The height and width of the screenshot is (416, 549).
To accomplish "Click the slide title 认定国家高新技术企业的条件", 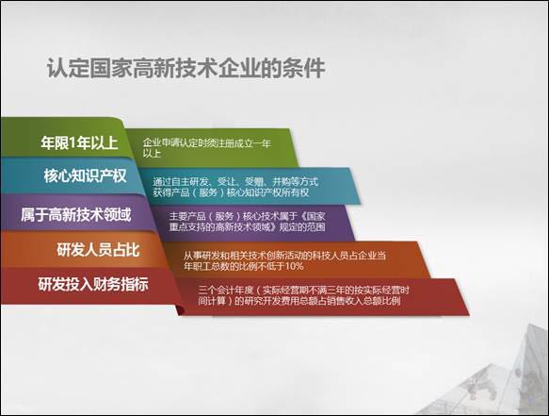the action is click(x=186, y=67).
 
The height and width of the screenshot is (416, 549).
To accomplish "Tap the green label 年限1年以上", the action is click(x=79, y=142).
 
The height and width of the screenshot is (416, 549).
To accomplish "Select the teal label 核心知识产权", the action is click(x=85, y=175).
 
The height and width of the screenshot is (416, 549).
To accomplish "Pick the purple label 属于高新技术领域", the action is click(x=75, y=214).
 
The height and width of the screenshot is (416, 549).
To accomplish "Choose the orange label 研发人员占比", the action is click(x=98, y=250).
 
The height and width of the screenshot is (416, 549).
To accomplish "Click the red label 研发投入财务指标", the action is click(x=93, y=284).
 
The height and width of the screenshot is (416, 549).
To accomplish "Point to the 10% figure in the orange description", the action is click(x=295, y=266).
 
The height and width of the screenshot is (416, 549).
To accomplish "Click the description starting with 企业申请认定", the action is click(x=206, y=148).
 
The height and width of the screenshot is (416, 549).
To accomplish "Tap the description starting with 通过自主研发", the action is click(x=235, y=187).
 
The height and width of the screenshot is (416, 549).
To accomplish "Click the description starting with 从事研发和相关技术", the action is click(x=284, y=260).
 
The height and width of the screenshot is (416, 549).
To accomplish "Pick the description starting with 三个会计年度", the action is click(x=303, y=295).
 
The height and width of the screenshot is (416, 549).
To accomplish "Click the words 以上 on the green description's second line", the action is click(x=152, y=153).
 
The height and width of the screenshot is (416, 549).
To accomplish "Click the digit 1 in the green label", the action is click(x=73, y=142).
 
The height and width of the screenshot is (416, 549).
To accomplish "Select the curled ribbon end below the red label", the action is click(x=181, y=309).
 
